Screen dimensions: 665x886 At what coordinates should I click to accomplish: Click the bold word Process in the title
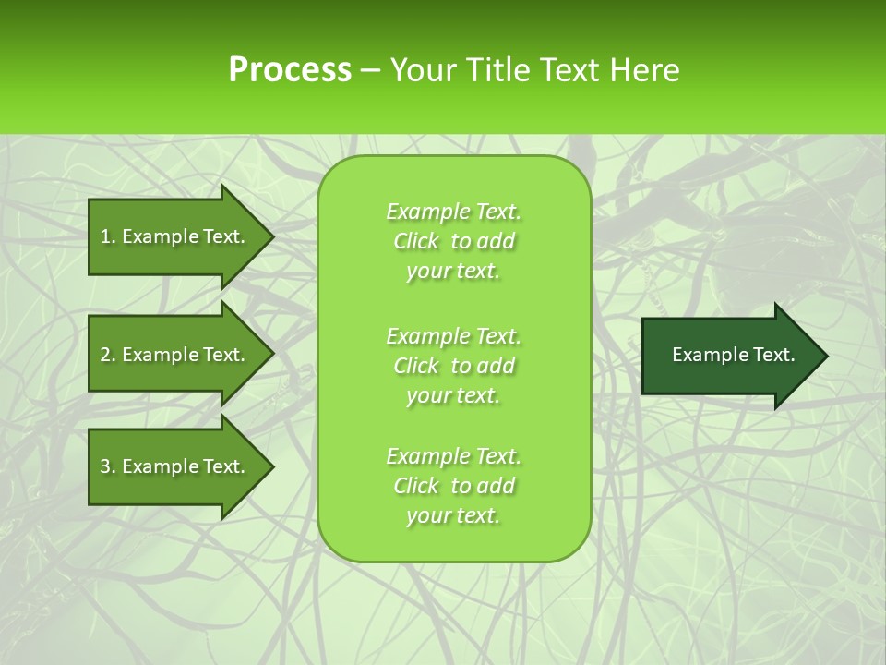click(x=290, y=70)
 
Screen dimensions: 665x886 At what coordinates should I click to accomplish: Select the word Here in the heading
click(x=645, y=70)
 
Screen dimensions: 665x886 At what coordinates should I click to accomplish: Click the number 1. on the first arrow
click(x=108, y=236)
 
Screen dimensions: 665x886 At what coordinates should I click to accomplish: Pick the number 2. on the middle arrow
click(x=108, y=355)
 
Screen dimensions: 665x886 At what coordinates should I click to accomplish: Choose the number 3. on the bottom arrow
click(x=108, y=466)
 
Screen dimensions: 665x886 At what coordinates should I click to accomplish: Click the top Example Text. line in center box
click(x=453, y=212)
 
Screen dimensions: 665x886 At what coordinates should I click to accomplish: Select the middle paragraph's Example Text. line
click(x=453, y=335)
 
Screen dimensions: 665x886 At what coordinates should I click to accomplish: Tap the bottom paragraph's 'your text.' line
click(x=453, y=515)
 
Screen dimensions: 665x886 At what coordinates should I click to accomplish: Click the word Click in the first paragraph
click(x=416, y=241)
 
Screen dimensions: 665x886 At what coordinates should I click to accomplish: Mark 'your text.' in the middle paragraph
click(x=453, y=395)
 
